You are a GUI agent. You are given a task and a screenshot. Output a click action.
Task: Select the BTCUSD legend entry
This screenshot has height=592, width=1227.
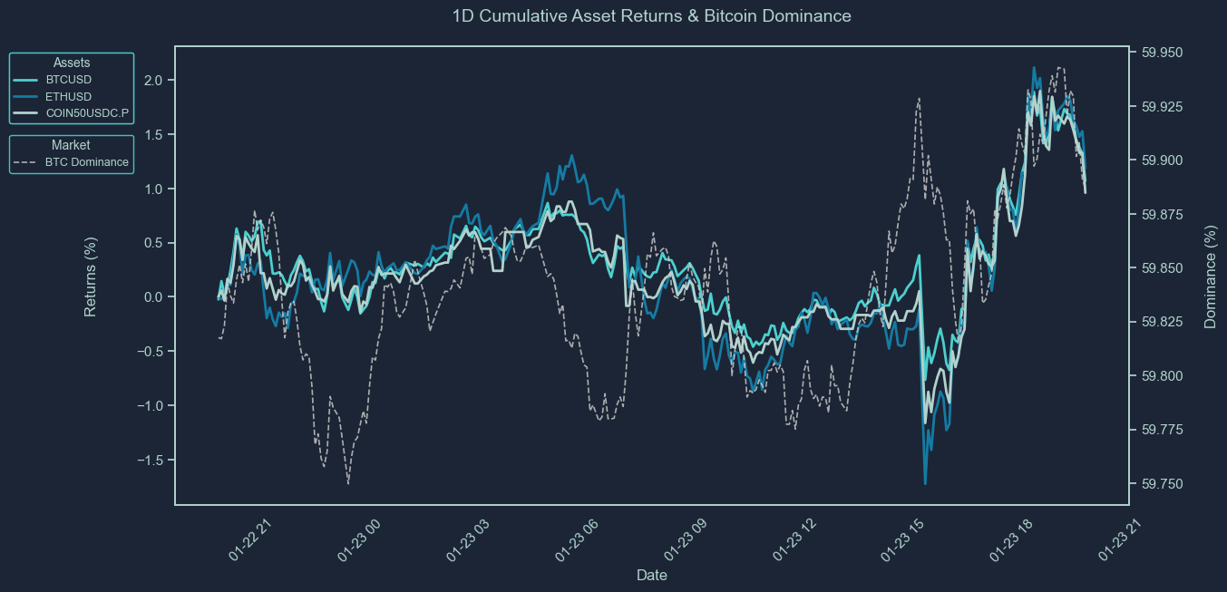(x=68, y=80)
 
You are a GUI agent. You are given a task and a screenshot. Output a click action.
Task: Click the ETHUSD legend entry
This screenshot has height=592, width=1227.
(x=68, y=96)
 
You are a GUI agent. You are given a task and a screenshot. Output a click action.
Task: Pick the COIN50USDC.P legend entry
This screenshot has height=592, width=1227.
(x=87, y=112)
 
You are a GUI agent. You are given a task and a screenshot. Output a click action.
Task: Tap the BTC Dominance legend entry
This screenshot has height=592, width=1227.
(x=86, y=162)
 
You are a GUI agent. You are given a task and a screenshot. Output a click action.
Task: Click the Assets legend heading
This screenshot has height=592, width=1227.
(x=72, y=63)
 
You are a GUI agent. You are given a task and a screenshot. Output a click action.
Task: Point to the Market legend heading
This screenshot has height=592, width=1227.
(x=71, y=145)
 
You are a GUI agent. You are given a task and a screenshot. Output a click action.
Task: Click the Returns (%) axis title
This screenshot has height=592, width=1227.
(x=91, y=276)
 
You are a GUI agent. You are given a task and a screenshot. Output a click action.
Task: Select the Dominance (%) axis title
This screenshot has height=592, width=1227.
(x=1210, y=276)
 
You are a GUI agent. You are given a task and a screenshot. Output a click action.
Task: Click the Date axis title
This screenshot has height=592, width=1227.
(x=652, y=576)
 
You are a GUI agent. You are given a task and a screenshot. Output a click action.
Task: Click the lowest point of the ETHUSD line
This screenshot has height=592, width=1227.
(x=925, y=483)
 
